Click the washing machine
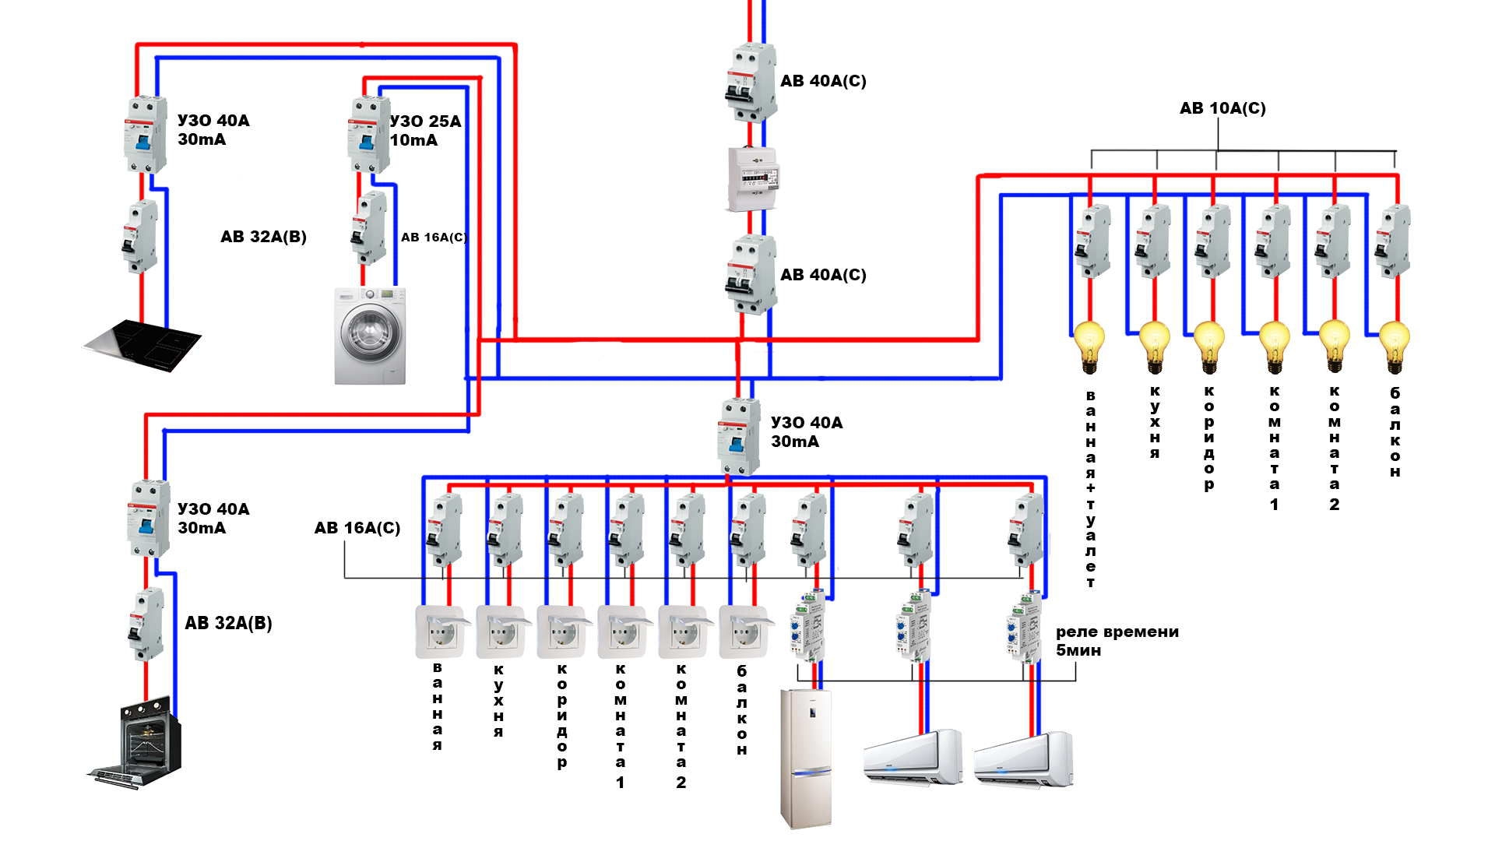click(370, 336)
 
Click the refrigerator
click(806, 758)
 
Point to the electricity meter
click(752, 178)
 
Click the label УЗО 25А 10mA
click(425, 131)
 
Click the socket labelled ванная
click(440, 632)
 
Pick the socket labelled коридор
click(561, 632)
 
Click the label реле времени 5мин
click(1117, 641)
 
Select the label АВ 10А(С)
click(1222, 108)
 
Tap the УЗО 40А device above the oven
click(148, 518)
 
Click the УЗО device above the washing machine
click(368, 134)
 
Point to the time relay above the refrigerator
click(809, 627)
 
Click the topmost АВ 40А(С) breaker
click(751, 83)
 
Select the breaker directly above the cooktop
click(140, 236)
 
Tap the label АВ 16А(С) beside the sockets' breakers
click(357, 528)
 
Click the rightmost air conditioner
click(1023, 758)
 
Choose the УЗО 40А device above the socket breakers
click(738, 436)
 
